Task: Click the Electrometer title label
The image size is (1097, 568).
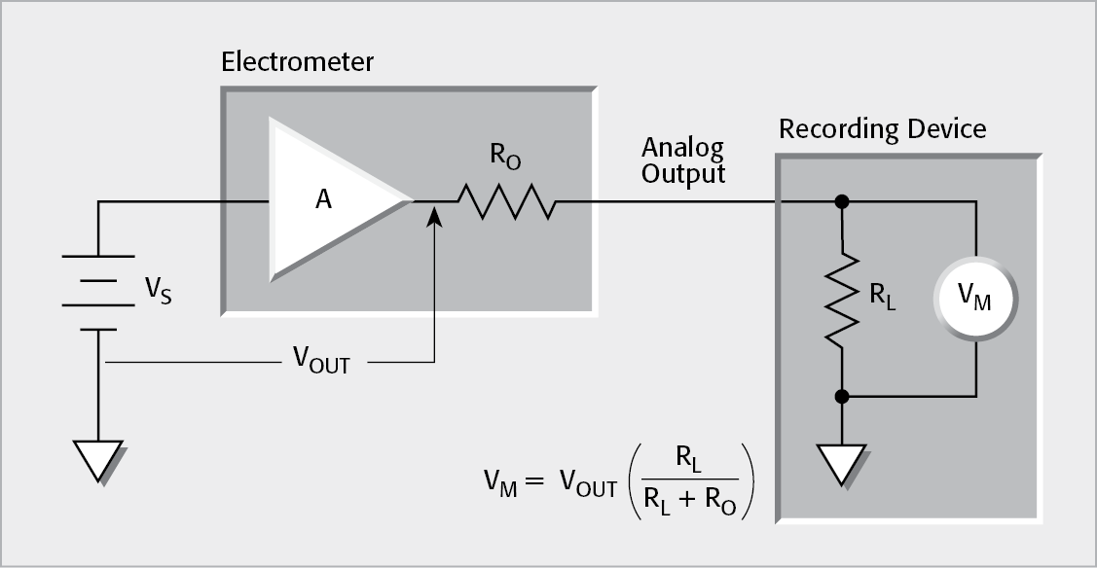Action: click(297, 63)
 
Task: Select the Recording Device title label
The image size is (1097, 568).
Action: click(882, 129)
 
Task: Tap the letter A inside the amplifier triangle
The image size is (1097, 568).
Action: click(324, 200)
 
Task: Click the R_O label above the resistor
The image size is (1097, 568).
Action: click(503, 157)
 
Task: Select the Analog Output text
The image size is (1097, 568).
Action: click(682, 161)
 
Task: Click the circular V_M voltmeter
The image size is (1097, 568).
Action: click(974, 300)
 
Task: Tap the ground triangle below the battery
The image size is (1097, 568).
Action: click(98, 460)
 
